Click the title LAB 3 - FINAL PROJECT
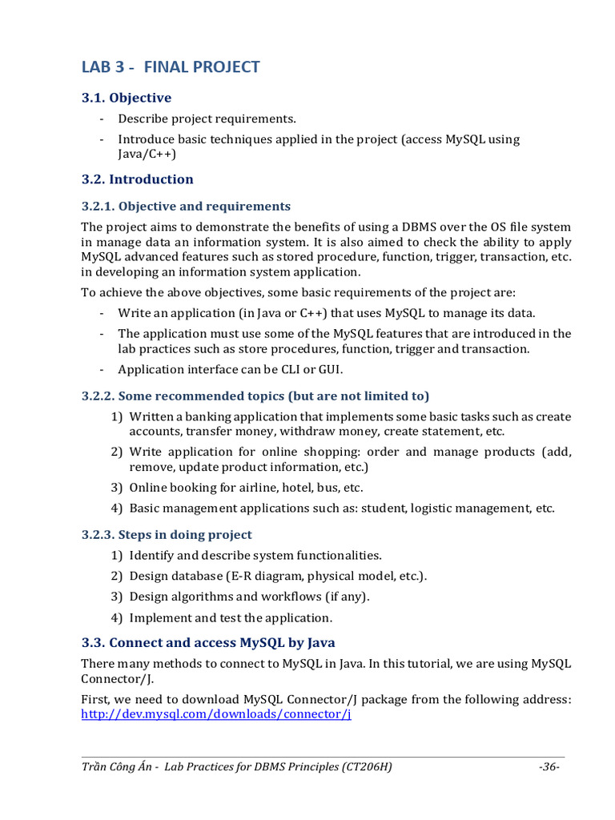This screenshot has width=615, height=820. click(171, 66)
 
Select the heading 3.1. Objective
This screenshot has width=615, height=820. click(127, 98)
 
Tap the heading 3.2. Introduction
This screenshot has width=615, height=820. click(138, 179)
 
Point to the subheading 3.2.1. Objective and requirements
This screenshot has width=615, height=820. click(186, 206)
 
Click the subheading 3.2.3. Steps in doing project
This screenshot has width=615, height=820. click(167, 534)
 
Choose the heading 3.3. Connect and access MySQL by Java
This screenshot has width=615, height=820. click(208, 642)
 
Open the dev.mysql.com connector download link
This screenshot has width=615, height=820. click(216, 714)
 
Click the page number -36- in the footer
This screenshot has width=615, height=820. click(549, 766)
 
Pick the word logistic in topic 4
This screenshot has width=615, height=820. click(436, 508)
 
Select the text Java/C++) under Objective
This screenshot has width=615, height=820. click(147, 154)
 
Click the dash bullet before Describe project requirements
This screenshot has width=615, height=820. click(102, 119)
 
